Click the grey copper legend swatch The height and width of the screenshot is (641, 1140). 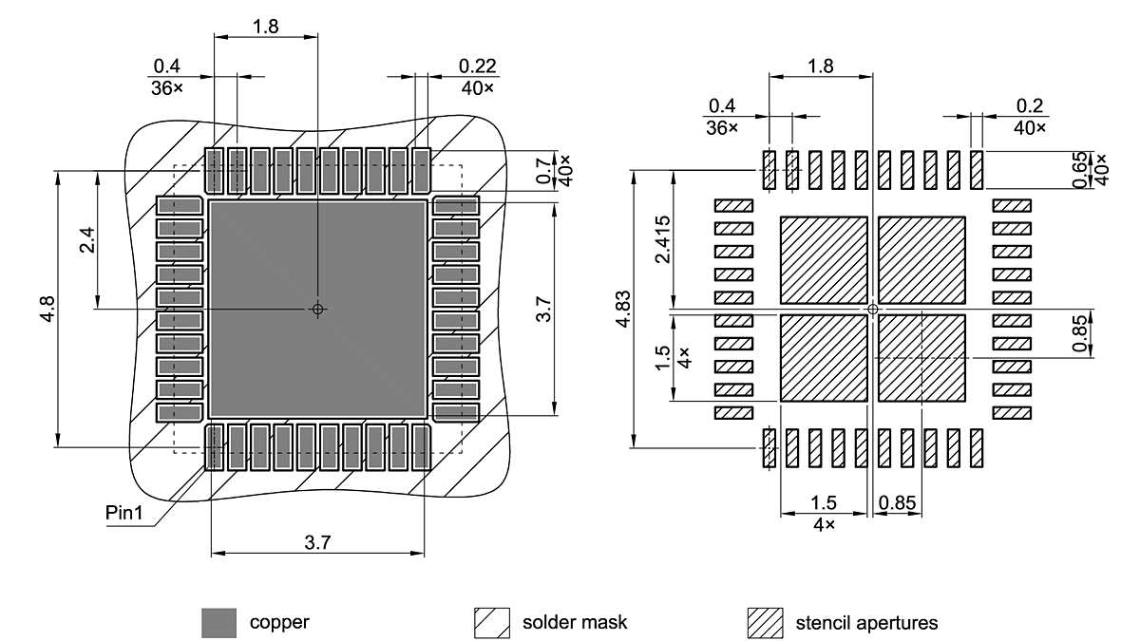(218, 623)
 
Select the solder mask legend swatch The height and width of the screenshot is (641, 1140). (491, 623)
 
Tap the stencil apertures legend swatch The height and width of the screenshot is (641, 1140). (765, 623)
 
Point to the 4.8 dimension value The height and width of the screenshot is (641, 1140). (48, 310)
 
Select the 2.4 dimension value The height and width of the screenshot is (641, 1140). (86, 241)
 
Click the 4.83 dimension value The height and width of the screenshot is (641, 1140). (622, 310)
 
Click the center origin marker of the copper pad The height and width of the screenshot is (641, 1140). (317, 309)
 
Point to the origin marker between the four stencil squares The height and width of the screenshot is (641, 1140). (873, 309)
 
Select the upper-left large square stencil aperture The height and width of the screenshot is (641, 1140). (824, 259)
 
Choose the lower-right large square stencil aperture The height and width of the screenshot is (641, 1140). (922, 358)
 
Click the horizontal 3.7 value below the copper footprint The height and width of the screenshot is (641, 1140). (317, 541)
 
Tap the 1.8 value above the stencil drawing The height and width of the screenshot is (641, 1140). (820, 66)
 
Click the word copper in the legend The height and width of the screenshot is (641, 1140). (279, 623)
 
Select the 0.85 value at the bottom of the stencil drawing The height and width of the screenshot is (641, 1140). (898, 501)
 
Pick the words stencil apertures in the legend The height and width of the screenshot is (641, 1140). (865, 623)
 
